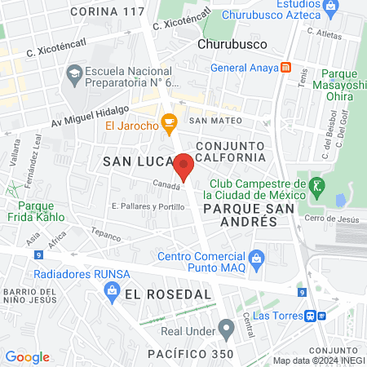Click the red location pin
point(184,166)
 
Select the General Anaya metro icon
point(286,69)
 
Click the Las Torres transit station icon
point(311,316)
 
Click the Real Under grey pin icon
point(226,330)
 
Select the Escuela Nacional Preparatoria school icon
point(73,73)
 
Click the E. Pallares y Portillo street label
point(148,206)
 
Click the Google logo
point(27,357)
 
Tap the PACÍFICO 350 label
point(191,354)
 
